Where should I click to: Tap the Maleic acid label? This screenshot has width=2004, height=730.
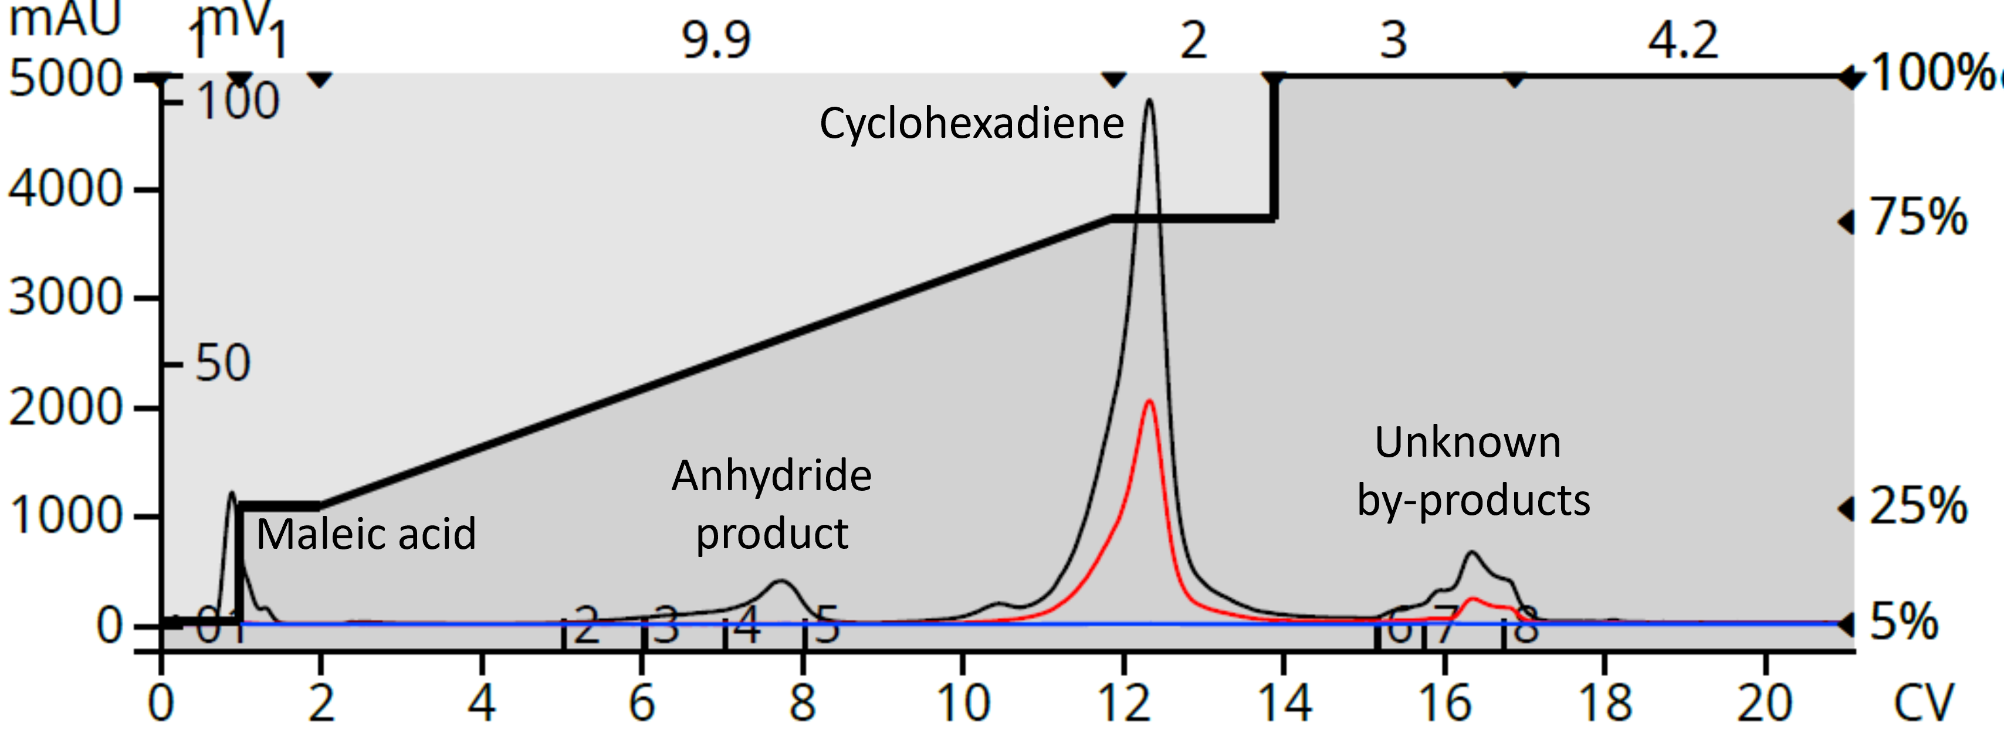365,534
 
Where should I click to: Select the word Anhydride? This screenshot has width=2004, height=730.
771,476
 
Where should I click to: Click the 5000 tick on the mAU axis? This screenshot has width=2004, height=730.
66,79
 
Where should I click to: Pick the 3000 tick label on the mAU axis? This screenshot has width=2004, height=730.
66,298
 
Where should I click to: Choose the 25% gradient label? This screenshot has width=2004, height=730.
1918,507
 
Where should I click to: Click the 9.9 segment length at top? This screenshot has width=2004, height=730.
716,40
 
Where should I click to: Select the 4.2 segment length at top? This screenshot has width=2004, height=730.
1683,40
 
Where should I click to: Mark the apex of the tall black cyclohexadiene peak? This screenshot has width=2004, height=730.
1149,100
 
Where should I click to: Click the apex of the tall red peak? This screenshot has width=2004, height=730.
1149,401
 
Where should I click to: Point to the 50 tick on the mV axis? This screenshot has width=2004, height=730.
222,363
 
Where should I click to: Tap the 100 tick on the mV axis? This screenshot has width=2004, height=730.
237,101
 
